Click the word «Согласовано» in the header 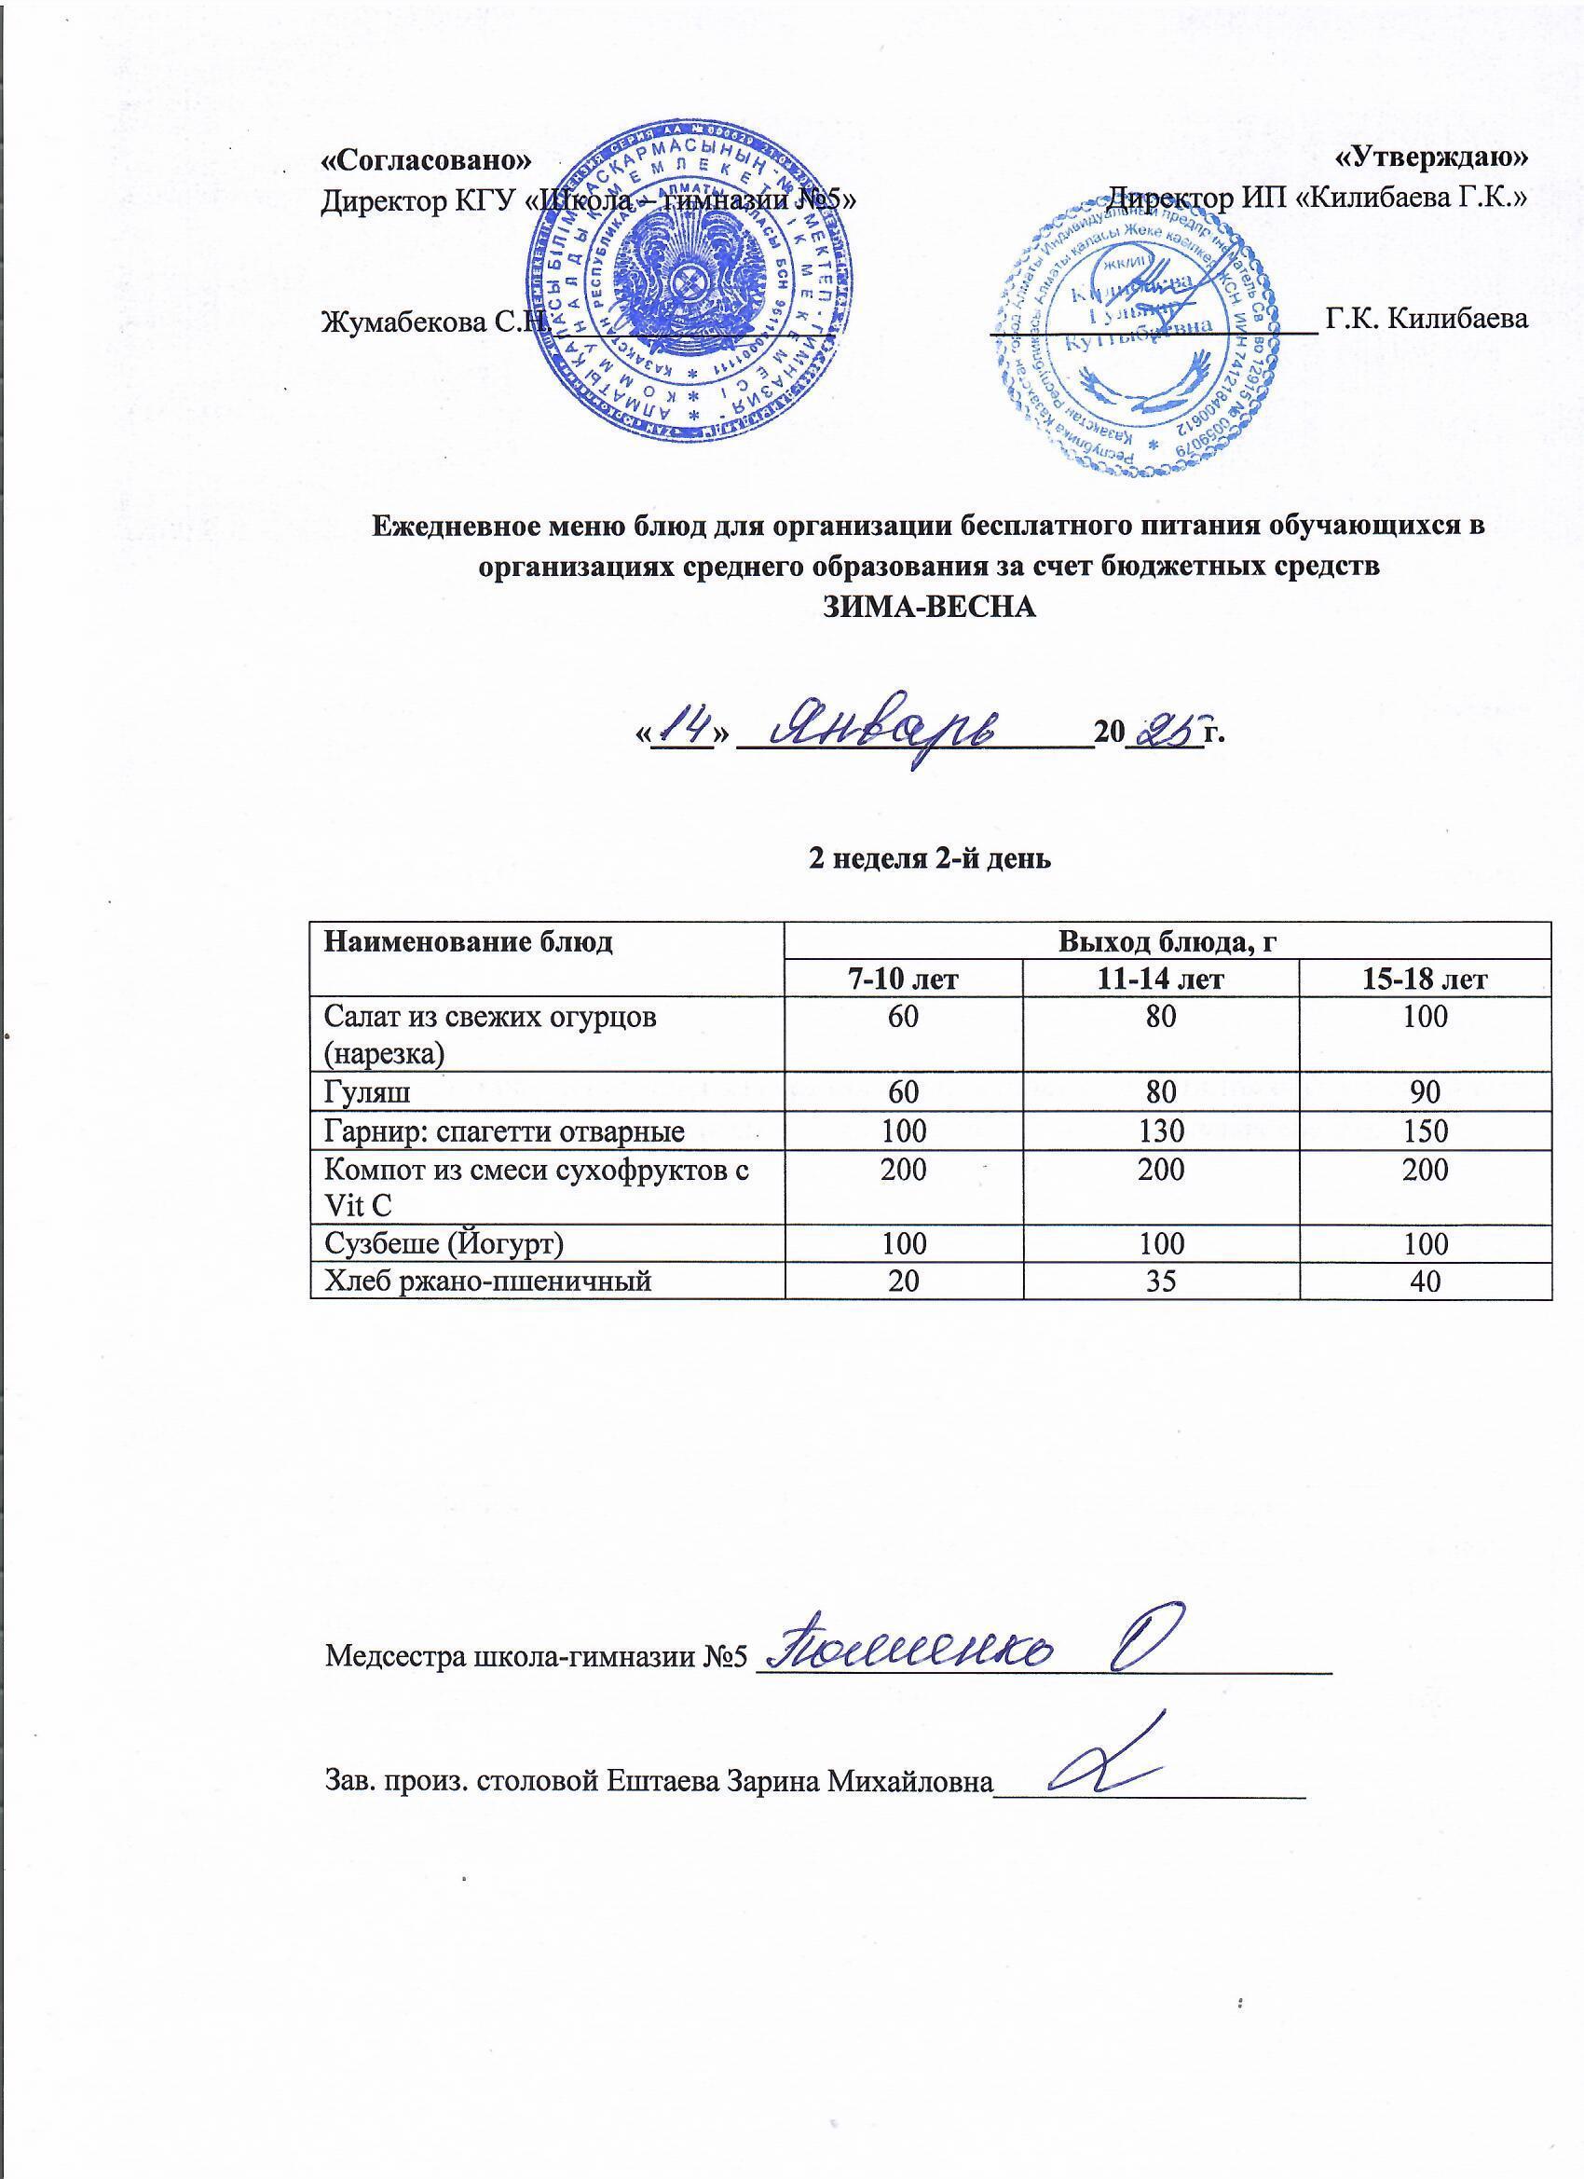point(426,158)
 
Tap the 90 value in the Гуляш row point(1425,1091)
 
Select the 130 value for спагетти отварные point(1160,1130)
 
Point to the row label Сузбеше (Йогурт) point(444,1243)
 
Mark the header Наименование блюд point(469,942)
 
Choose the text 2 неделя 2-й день point(929,859)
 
